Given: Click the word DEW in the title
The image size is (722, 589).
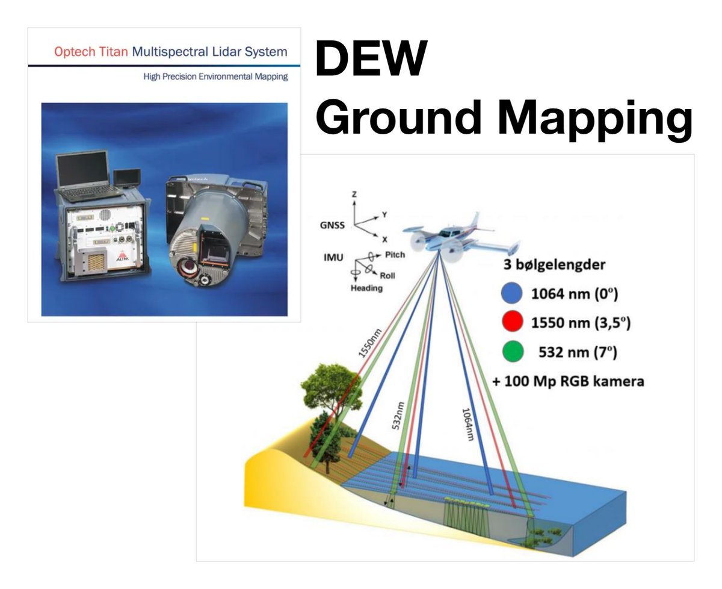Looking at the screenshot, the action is tap(371, 58).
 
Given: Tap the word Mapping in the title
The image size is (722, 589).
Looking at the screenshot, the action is tap(595, 119).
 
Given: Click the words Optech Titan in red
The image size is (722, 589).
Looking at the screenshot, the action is tap(91, 52).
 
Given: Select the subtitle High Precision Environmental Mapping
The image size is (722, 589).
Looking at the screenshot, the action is tap(215, 76).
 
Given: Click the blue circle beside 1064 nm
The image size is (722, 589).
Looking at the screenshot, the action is tap(511, 293).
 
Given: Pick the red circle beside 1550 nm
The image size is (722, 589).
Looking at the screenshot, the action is tap(512, 322).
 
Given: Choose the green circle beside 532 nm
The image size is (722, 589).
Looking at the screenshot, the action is tap(513, 352).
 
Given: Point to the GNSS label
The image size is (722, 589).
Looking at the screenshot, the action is tap(332, 225).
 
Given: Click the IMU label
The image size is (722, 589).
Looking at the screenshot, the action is tap(333, 258).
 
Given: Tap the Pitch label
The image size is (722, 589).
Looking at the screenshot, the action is tap(395, 255).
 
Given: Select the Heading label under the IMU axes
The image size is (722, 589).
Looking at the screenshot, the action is tap(366, 288).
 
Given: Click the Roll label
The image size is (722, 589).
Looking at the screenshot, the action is tap(387, 275).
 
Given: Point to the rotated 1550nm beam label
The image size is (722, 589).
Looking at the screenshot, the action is tap(370, 343).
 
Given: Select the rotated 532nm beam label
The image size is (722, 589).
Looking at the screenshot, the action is tap(398, 416).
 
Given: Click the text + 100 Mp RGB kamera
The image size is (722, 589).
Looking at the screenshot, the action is tap(568, 381).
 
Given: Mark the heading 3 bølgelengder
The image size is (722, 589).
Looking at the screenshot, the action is tap(554, 264).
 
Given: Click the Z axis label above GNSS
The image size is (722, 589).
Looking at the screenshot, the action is tap(354, 195).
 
